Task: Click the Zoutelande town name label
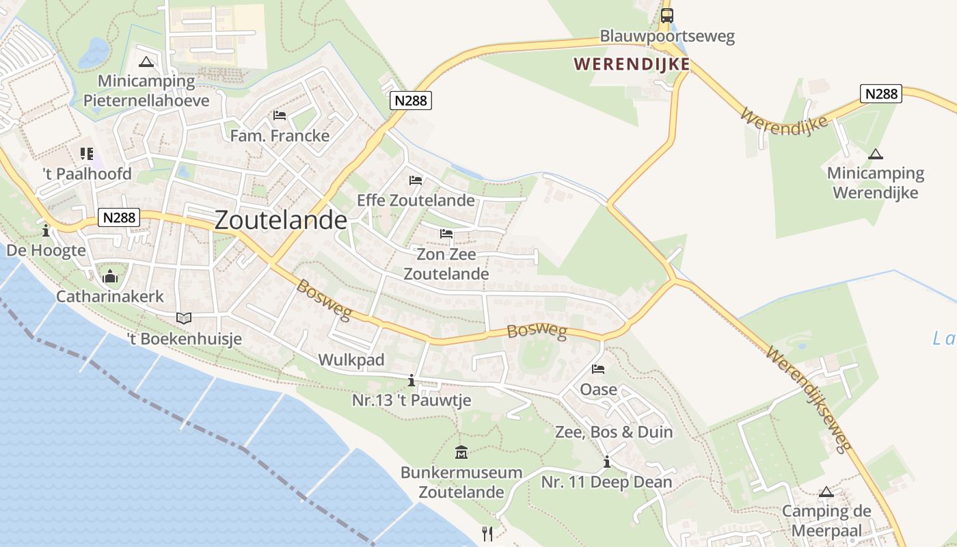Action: coord(280,220)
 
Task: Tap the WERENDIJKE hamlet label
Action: coord(631,64)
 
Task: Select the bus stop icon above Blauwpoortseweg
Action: coord(666,16)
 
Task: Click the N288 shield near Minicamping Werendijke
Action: coord(881,94)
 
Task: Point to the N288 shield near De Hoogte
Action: coord(120,218)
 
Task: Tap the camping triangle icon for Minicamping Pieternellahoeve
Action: coord(146,62)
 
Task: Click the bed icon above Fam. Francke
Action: coord(279,115)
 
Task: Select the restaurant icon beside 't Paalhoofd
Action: coord(86,154)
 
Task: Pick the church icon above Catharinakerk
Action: coord(109,277)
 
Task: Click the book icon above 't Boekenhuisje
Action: coord(184,318)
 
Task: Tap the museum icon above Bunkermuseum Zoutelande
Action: coord(461,452)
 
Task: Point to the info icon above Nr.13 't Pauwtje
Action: coord(411,380)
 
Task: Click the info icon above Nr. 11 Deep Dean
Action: coord(606,462)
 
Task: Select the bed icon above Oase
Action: coord(598,369)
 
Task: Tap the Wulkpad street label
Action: coord(351,360)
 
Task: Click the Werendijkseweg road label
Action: coord(809,399)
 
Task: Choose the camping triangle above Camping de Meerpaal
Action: coord(826,492)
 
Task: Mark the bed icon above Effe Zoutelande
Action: coord(415,181)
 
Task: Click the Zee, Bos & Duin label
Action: coord(613,432)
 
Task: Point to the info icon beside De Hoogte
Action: coord(46,230)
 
